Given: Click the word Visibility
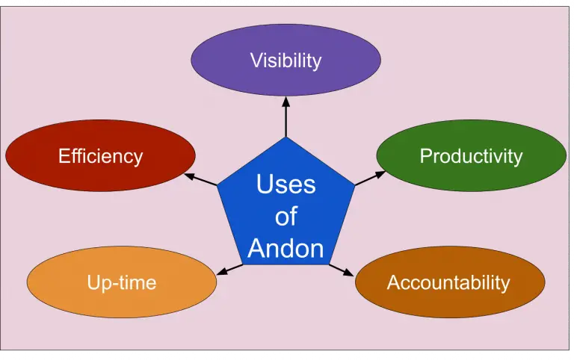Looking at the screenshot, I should pyautogui.click(x=286, y=60).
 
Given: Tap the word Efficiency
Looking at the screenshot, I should pyautogui.click(x=100, y=156).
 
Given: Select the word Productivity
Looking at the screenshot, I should pyautogui.click(x=471, y=156).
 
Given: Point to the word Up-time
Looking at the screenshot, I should pyautogui.click(x=122, y=282).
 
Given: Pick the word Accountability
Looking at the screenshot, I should pyautogui.click(x=448, y=282).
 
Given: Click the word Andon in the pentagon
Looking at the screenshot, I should pyautogui.click(x=286, y=248).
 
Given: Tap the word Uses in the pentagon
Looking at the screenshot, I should pyautogui.click(x=286, y=184).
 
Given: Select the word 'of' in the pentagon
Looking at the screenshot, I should pyautogui.click(x=286, y=217).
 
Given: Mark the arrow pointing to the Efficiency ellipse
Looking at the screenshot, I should pyautogui.click(x=200, y=179).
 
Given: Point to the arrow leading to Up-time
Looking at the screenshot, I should pyautogui.click(x=229, y=268).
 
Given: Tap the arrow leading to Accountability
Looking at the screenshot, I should pyautogui.click(x=341, y=270).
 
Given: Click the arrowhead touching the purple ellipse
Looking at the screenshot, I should pyautogui.click(x=286, y=101).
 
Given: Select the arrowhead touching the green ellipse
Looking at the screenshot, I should pyautogui.click(x=382, y=173).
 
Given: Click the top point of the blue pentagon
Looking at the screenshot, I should pyautogui.click(x=286, y=137).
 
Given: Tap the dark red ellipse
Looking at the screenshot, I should pyautogui.click(x=45, y=156).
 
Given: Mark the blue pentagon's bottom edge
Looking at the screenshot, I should pyautogui.click(x=286, y=264).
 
